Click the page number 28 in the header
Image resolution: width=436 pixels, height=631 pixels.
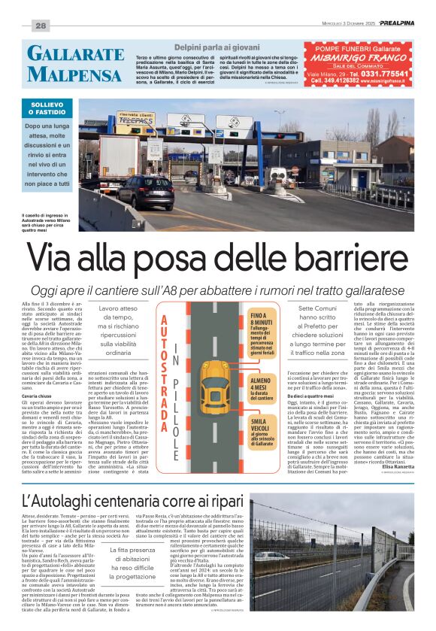(x=41, y=26)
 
